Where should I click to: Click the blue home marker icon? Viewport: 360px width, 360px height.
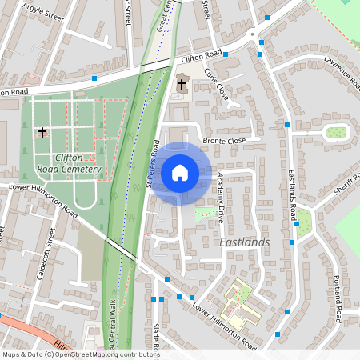[180, 172]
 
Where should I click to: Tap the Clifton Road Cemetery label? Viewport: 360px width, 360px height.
[68, 164]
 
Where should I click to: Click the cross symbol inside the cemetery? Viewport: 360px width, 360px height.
[42, 133]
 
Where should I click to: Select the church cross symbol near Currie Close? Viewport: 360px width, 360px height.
[182, 84]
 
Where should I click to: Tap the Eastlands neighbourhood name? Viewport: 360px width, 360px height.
[245, 242]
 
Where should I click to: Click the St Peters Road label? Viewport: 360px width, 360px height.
[153, 165]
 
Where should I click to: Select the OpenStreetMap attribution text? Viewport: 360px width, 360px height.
[80, 354]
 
